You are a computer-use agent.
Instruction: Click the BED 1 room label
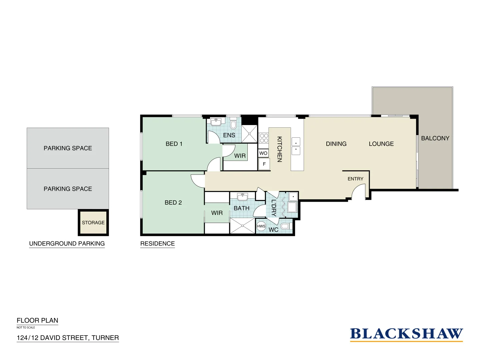pyautogui.click(x=174, y=144)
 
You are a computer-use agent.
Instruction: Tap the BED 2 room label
pyautogui.click(x=173, y=203)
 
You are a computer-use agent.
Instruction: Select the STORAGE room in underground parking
pyautogui.click(x=93, y=223)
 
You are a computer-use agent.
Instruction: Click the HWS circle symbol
pyautogui.click(x=261, y=226)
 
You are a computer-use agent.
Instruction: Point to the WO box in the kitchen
pyautogui.click(x=263, y=153)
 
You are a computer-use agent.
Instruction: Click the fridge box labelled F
pyautogui.click(x=264, y=164)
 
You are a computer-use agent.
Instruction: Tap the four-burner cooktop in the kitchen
pyautogui.click(x=264, y=138)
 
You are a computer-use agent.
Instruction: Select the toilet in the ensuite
pyautogui.click(x=233, y=124)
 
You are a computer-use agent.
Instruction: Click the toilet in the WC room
pyautogui.click(x=285, y=226)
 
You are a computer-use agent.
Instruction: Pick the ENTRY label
pyautogui.click(x=355, y=179)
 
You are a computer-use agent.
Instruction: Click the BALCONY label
pyautogui.click(x=435, y=138)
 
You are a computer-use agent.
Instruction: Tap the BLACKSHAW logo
pyautogui.click(x=406, y=334)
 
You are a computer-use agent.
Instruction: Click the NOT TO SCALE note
pyautogui.click(x=26, y=328)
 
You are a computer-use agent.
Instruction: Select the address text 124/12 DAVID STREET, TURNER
pyautogui.click(x=68, y=338)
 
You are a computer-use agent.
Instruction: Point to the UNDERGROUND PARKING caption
pyautogui.click(x=67, y=244)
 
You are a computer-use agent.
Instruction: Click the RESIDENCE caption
pyautogui.click(x=157, y=244)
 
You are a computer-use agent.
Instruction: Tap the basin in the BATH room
pyautogui.click(x=242, y=197)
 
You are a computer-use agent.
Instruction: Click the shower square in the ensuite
pyautogui.click(x=249, y=134)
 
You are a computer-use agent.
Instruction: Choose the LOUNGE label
pyautogui.click(x=381, y=144)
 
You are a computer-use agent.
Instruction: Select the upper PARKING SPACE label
pyautogui.click(x=68, y=148)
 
